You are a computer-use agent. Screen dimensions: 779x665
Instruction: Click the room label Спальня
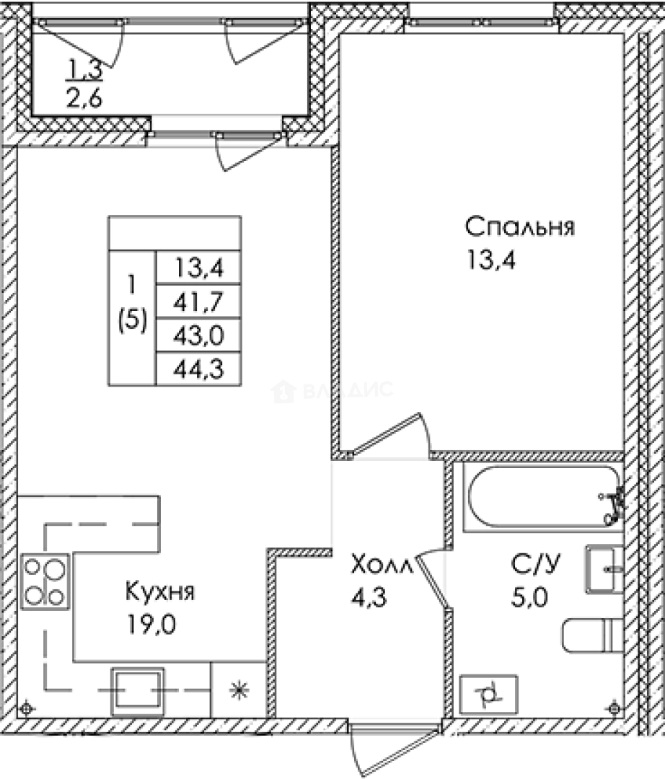click(519, 227)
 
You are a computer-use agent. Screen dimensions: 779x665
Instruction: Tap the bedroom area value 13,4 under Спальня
click(493, 258)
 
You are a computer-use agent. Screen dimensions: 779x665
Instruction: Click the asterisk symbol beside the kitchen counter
click(237, 690)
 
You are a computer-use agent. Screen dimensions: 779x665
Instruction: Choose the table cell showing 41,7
click(198, 302)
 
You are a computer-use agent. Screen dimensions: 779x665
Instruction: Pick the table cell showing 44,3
click(198, 369)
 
